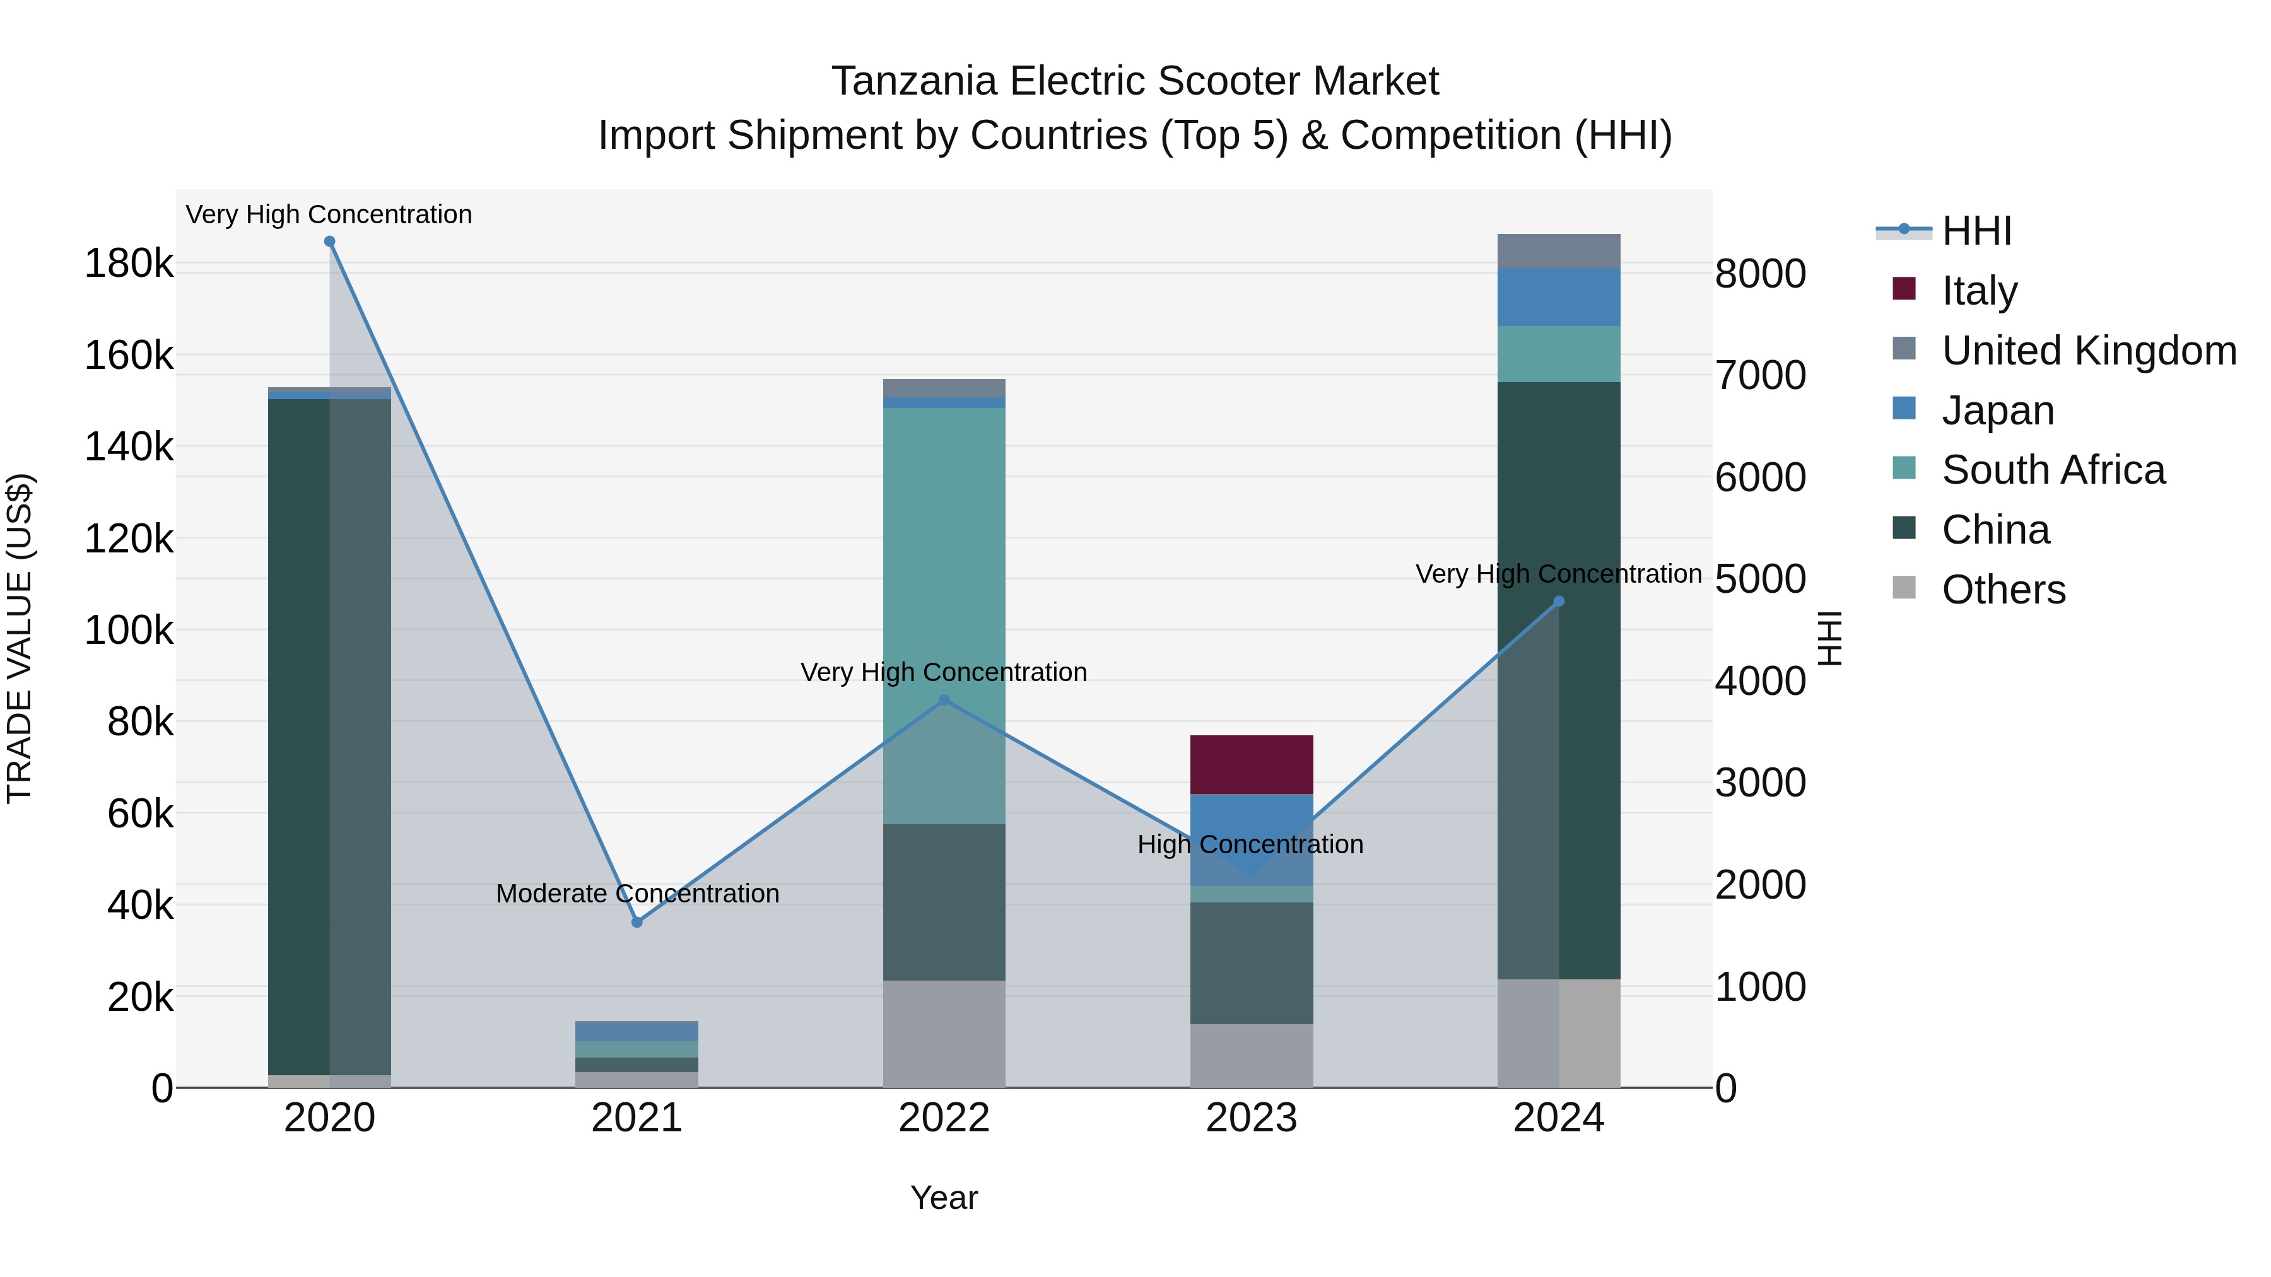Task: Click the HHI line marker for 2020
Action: [330, 242]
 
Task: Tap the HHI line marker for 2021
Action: [637, 922]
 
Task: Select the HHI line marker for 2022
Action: [944, 701]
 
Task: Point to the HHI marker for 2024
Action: [1559, 602]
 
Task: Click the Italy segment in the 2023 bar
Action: [1251, 764]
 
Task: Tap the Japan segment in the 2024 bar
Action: [1559, 297]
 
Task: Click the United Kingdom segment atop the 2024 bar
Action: [1559, 251]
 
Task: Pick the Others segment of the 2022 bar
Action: [944, 1034]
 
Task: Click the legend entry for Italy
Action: [1979, 291]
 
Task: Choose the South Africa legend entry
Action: [2052, 470]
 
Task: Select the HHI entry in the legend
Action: [1976, 231]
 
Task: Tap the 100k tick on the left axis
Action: [129, 631]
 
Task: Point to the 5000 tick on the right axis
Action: [1759, 580]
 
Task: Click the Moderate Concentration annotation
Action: [637, 894]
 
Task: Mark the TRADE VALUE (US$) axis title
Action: [20, 638]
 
